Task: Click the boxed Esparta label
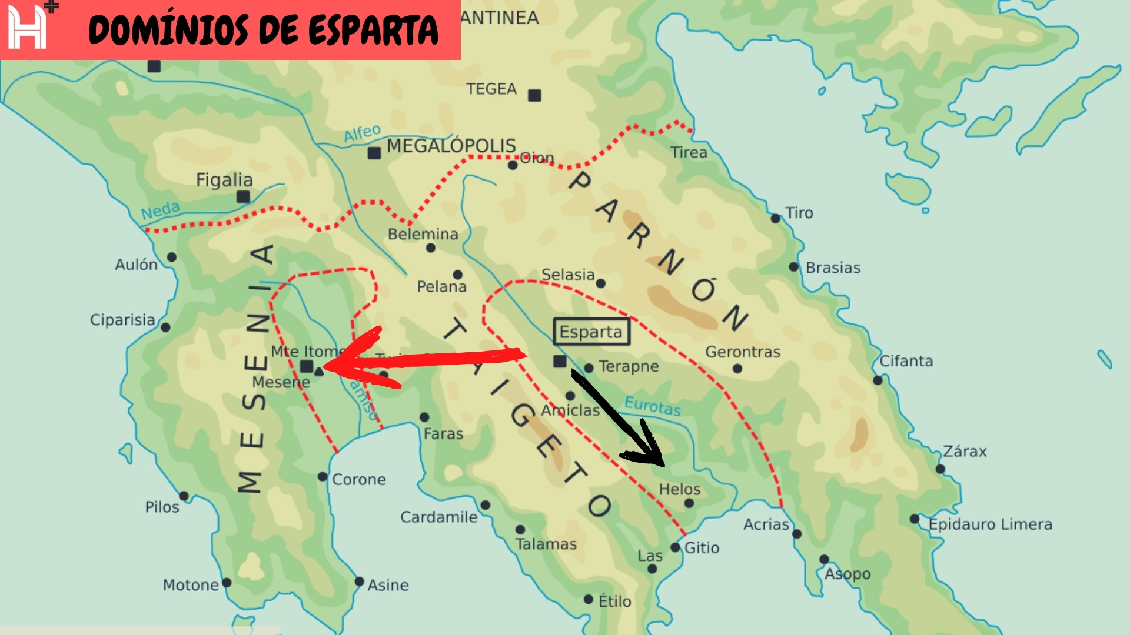(591, 332)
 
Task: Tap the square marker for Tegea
(534, 95)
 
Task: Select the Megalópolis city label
(451, 146)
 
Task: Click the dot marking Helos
(689, 503)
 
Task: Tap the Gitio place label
(702, 548)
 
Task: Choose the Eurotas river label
(652, 406)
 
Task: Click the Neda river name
(160, 210)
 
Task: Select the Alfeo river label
(362, 133)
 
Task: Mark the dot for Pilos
(184, 496)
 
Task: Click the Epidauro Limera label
(990, 524)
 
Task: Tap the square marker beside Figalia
(243, 197)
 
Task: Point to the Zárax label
(965, 452)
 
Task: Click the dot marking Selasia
(600, 283)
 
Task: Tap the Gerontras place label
(743, 352)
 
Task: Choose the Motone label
(190, 585)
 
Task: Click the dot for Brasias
(793, 268)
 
